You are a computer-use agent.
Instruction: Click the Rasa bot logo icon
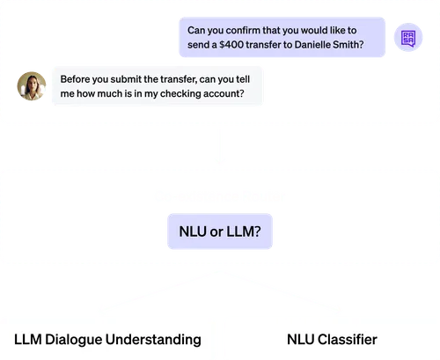[407, 37]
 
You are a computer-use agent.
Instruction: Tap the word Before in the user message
[77, 78]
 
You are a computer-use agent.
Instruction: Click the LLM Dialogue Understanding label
[107, 339]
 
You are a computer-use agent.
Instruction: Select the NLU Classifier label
[332, 339]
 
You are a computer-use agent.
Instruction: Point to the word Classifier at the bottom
[349, 339]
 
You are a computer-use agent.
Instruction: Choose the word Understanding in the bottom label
[155, 339]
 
